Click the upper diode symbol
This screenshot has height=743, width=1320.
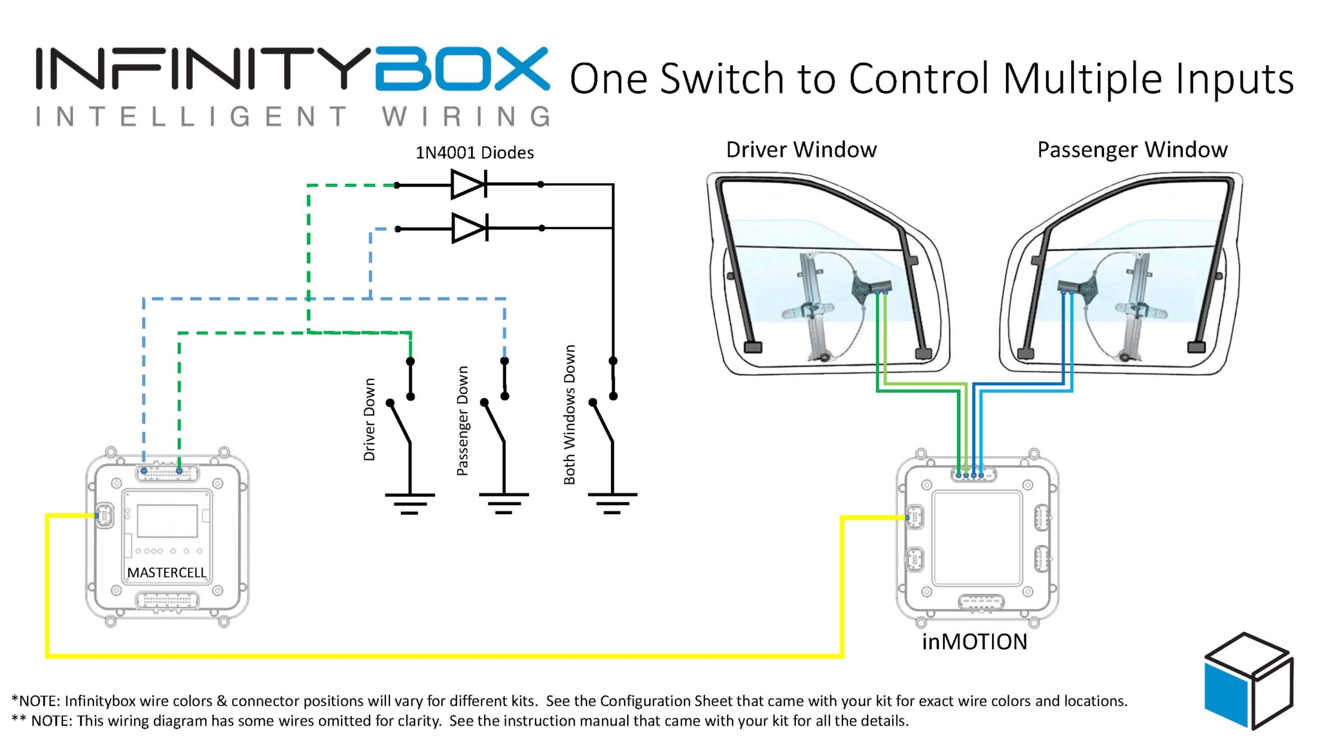tap(469, 184)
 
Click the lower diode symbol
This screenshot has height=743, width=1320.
tap(469, 228)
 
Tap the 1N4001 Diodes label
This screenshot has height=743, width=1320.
tap(474, 153)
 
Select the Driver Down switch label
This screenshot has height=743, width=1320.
tap(369, 419)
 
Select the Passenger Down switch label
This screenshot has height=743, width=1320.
tap(462, 421)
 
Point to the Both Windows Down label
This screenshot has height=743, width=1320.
tap(569, 415)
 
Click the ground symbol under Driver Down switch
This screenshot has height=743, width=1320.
tap(410, 503)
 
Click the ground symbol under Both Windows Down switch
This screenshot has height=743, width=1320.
tap(612, 503)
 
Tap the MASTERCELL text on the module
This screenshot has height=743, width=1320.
tap(166, 573)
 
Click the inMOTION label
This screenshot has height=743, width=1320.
tap(975, 642)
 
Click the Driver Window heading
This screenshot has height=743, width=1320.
tap(801, 150)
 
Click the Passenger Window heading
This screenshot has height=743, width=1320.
tap(1132, 150)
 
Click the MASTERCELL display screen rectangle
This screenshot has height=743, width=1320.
tap(168, 520)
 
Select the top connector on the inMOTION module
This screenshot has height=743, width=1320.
tap(973, 475)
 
